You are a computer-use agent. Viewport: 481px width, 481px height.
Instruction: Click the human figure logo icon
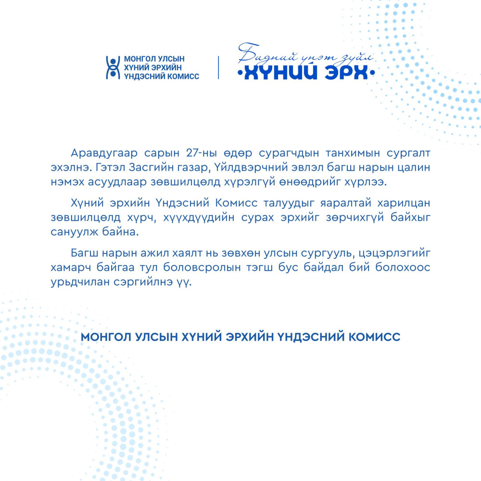(112, 67)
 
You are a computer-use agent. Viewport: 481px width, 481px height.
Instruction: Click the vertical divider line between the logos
(219, 67)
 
